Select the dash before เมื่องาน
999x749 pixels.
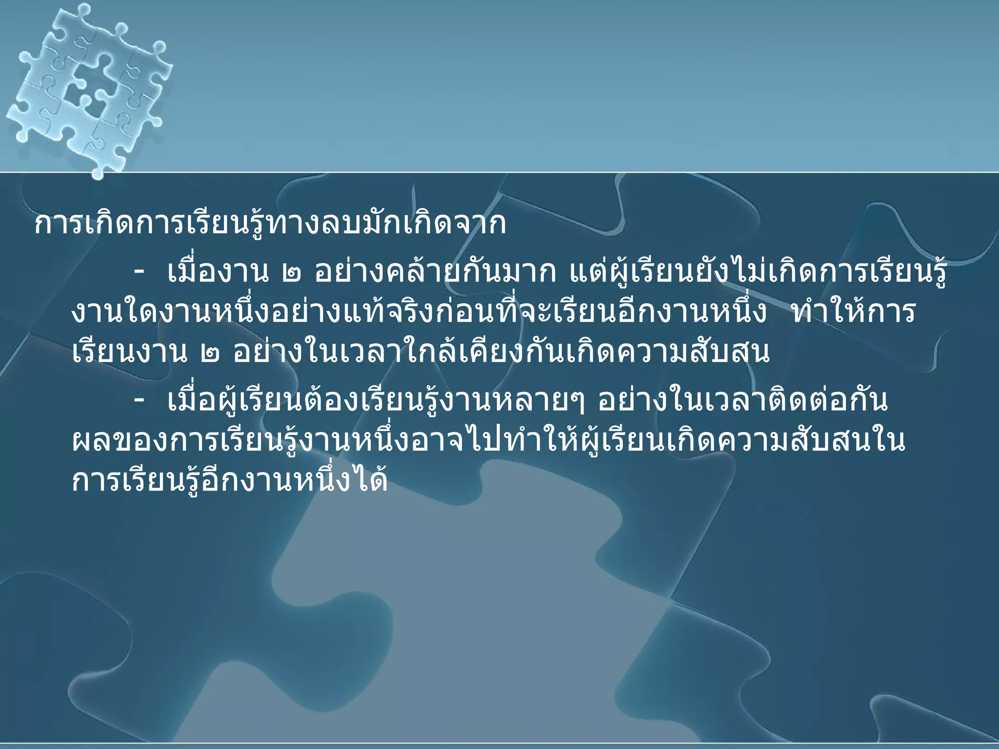(140, 275)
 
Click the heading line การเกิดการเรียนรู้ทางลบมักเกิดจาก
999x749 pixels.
(270, 225)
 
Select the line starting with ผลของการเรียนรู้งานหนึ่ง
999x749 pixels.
(488, 441)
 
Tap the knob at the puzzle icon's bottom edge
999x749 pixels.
(97, 171)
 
